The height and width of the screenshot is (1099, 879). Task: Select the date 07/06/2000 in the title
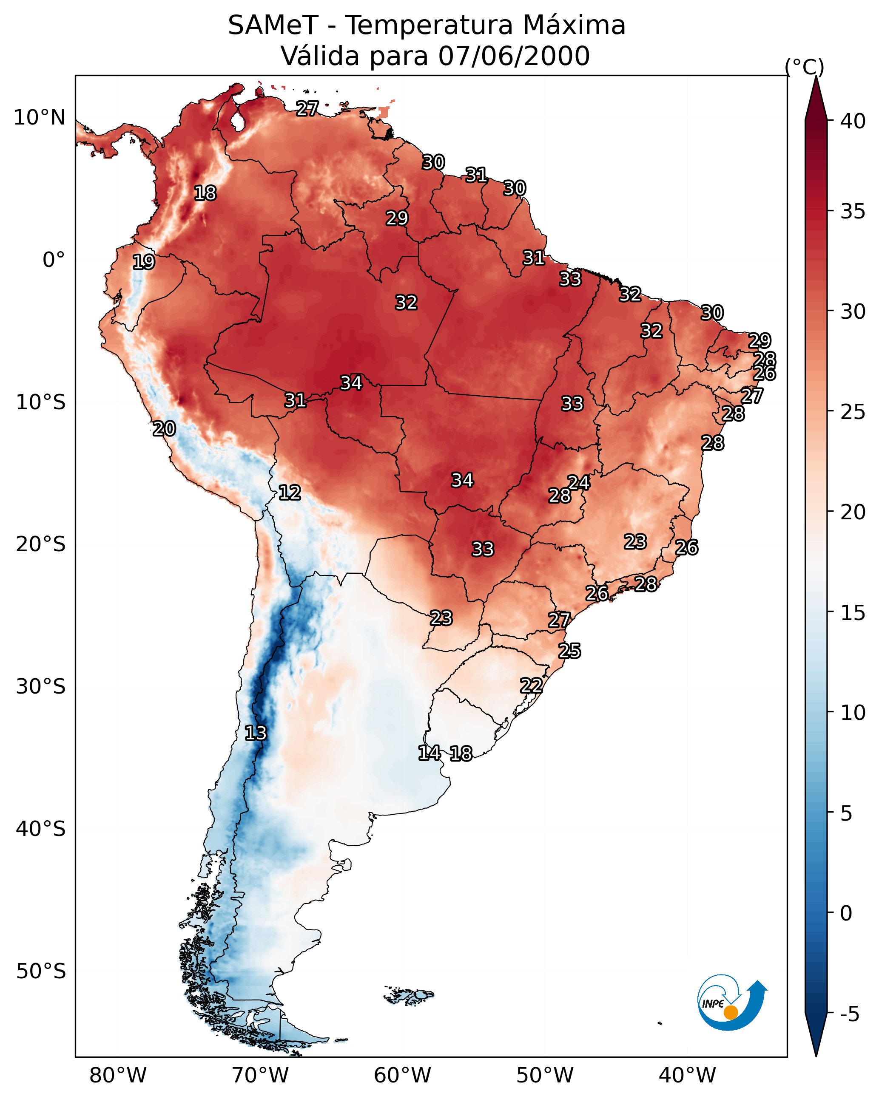point(514,56)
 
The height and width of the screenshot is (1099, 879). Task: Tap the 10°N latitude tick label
point(39,118)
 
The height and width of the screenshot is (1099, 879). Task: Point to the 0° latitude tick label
point(54,260)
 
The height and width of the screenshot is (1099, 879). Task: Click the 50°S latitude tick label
point(41,972)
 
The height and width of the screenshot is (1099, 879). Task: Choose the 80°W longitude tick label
point(118,1076)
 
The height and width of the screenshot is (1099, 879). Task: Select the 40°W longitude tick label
point(687,1076)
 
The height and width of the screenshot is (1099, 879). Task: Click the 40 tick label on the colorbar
point(853,121)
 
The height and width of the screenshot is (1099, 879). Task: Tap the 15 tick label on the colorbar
point(853,613)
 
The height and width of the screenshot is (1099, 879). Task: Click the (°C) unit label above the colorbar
point(805,67)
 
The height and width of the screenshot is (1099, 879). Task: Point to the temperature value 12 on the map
point(290,493)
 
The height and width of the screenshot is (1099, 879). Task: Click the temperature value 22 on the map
point(531,685)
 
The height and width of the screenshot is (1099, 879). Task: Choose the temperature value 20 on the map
point(164,429)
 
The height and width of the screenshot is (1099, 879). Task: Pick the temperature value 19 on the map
point(143,262)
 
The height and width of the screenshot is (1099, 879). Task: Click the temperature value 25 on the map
point(569,651)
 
